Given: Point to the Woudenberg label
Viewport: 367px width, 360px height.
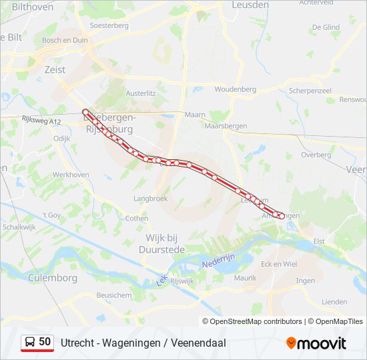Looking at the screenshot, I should [x=235, y=89].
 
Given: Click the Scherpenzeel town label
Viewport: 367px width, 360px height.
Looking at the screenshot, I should [x=310, y=90].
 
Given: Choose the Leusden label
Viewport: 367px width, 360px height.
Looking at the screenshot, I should [x=250, y=5].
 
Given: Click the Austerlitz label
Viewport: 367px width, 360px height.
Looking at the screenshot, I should [x=140, y=94].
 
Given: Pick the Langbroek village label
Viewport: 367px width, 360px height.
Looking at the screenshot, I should [x=150, y=198].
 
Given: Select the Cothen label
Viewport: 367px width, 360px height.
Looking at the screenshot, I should [x=137, y=218].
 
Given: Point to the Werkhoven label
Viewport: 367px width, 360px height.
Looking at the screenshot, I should [x=71, y=174].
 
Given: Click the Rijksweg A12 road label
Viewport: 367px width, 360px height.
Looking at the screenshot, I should [x=41, y=120].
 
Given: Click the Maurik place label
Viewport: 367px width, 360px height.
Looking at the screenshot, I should [x=246, y=277].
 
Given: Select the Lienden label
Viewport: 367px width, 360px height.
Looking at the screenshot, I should [x=334, y=302].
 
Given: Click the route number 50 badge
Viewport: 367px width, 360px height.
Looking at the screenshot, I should [x=45, y=342].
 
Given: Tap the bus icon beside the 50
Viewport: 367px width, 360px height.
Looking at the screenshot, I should [x=30, y=342].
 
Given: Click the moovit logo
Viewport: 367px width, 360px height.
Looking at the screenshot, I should [x=316, y=343].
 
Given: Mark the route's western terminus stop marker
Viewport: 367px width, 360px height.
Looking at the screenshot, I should [x=85, y=111].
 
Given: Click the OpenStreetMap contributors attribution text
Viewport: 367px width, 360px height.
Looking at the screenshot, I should [x=256, y=321].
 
